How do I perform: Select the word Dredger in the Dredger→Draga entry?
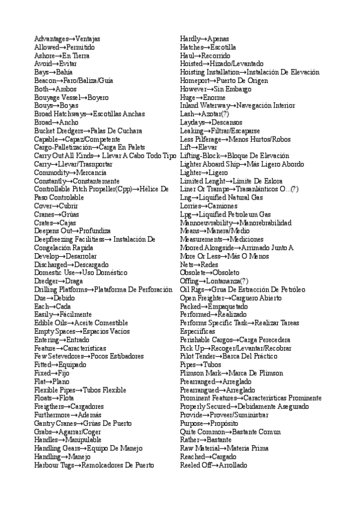(x=46, y=281)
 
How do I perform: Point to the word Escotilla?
(x=223, y=48)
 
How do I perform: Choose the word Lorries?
(x=192, y=206)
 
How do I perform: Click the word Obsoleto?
(x=222, y=273)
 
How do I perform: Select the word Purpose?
(x=194, y=423)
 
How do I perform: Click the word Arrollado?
(x=233, y=465)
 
